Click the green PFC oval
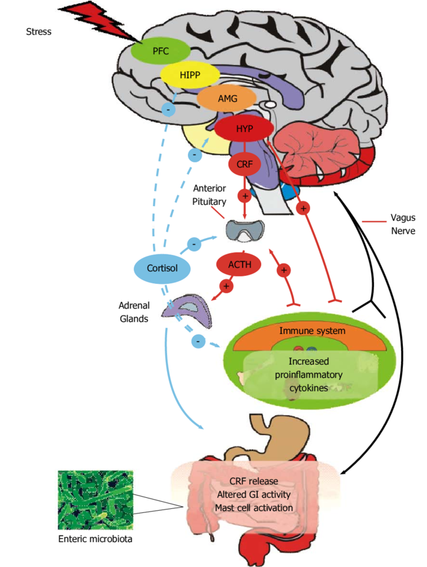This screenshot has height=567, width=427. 161,50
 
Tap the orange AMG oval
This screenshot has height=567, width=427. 218,99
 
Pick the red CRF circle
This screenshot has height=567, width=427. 244,165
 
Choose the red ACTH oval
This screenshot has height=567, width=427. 244,264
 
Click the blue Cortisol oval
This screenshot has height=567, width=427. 161,268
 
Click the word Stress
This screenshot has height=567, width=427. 39,31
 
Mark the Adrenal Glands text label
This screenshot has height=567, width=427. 134,311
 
